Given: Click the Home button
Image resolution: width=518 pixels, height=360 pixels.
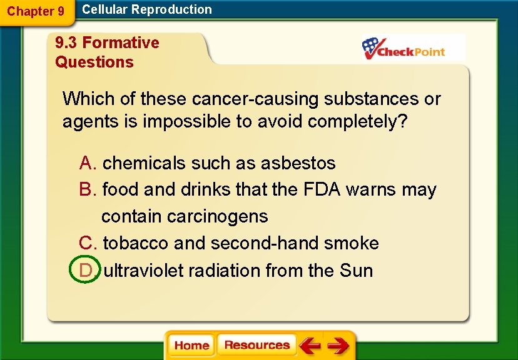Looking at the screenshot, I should click(x=192, y=346).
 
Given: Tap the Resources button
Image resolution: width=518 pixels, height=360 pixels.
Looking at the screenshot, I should click(x=256, y=345).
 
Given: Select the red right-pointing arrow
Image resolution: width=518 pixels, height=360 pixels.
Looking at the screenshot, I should click(x=338, y=346).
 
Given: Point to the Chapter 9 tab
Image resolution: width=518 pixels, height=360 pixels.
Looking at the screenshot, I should click(x=36, y=11).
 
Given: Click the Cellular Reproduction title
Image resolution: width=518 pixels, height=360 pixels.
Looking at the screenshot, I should click(x=147, y=9).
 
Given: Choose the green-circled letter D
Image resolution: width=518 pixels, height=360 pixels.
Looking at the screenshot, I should click(x=87, y=271).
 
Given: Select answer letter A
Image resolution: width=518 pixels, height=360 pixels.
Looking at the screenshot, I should click(x=87, y=163).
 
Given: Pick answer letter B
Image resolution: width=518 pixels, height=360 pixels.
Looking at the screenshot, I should click(x=87, y=189).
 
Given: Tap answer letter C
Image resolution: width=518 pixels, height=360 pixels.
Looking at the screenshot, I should click(x=87, y=242).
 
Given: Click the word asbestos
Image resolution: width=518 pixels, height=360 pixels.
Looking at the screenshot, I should click(x=298, y=163).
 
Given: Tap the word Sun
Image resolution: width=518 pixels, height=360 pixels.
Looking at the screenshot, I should click(x=357, y=271).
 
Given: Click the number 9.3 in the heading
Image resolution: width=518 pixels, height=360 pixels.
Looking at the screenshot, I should click(x=66, y=42).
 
